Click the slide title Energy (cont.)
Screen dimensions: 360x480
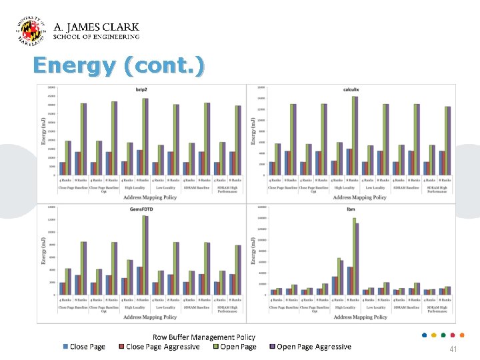click(x=119, y=66)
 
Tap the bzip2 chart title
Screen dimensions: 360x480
click(x=141, y=89)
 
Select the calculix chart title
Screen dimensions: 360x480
click(x=352, y=89)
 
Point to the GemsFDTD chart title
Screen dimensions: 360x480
click(x=141, y=209)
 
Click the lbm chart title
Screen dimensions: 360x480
click(x=351, y=209)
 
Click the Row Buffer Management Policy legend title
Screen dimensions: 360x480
click(x=204, y=337)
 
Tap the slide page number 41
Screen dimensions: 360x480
click(x=453, y=349)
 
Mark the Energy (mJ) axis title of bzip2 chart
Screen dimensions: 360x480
click(x=45, y=131)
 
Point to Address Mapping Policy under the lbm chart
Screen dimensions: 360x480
click(x=359, y=317)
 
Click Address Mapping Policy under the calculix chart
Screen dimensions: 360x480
click(x=359, y=197)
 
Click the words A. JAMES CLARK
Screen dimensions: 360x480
click(x=96, y=27)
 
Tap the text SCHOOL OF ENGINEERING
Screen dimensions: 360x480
click(x=96, y=37)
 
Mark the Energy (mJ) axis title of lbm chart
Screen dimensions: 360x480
click(x=253, y=251)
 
